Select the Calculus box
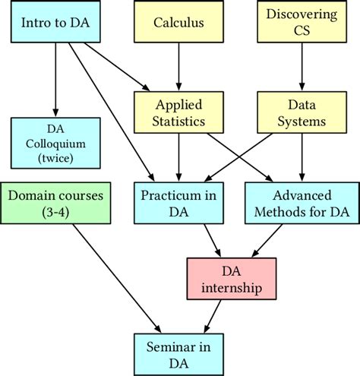[x=178, y=22]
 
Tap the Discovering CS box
[x=302, y=22]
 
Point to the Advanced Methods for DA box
[x=302, y=202]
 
